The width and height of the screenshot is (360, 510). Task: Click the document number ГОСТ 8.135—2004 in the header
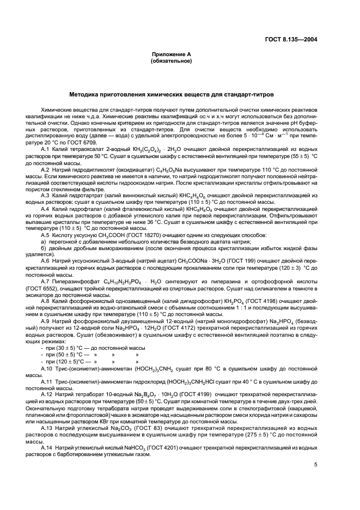coord(296,39)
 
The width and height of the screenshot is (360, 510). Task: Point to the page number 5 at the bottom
coord(315,465)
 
